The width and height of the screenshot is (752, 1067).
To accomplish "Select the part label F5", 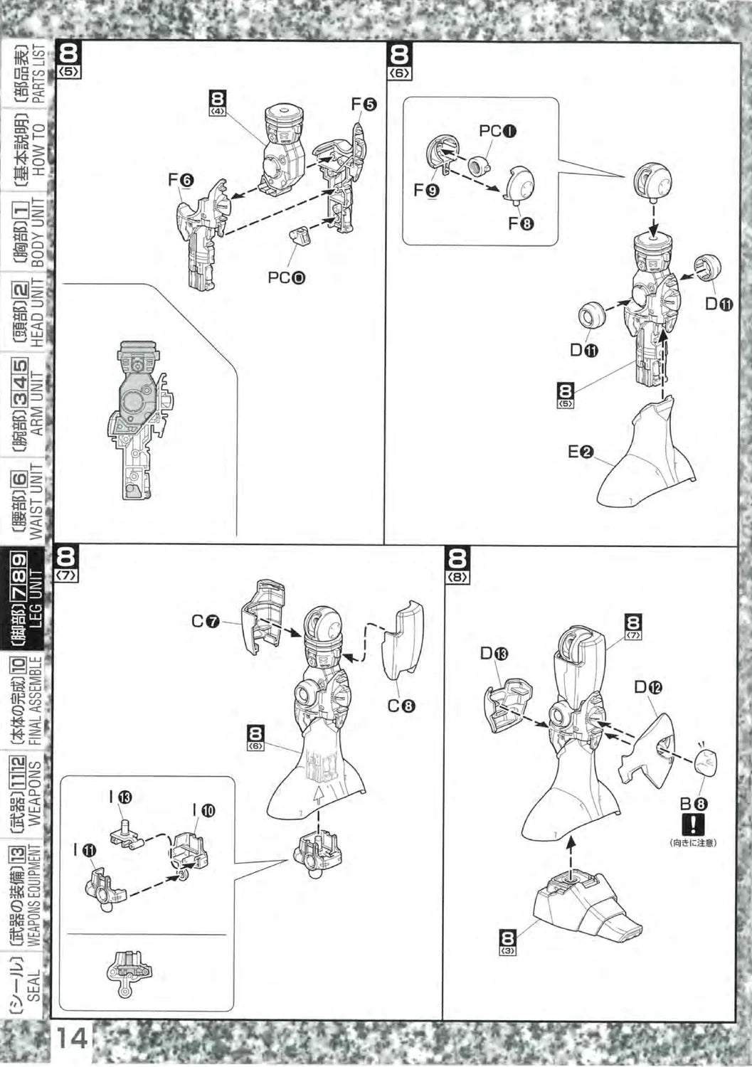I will [364, 104].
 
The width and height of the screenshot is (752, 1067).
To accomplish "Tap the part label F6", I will [181, 181].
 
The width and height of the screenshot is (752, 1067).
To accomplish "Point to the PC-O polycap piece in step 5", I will [300, 235].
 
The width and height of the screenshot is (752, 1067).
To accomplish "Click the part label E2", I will [581, 451].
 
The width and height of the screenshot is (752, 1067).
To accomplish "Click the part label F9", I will [427, 190].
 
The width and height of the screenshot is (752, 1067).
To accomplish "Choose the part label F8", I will [521, 223].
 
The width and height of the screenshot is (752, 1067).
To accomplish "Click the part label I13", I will [121, 797].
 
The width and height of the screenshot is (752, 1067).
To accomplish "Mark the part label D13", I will [494, 654].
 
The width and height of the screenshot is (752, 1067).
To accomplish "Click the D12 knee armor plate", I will [649, 747].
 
